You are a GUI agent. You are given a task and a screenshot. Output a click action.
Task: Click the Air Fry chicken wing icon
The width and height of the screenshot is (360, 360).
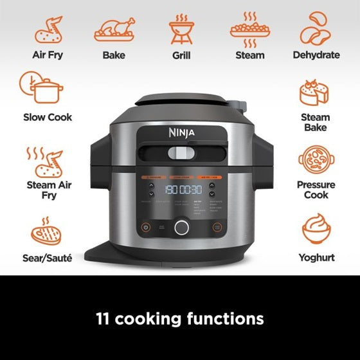pos(48,30)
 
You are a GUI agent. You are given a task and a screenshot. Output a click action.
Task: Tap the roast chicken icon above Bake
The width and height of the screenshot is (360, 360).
pos(114,30)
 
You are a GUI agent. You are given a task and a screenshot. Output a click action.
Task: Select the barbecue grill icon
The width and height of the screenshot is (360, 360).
pos(181,29)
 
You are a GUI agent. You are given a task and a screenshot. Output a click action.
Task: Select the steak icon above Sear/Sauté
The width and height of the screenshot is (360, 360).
pos(47,233)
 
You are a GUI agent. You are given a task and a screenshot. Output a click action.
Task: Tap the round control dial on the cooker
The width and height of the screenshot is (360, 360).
pos(181,226)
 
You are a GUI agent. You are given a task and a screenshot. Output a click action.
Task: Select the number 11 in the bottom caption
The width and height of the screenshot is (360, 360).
pos(105,318)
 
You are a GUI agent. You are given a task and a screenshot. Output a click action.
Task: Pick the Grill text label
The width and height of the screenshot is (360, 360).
pos(181,55)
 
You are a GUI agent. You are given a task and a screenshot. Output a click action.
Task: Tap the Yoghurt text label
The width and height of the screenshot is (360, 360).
pos(316,258)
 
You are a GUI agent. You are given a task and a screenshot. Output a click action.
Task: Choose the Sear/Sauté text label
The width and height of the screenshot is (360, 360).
pos(48,258)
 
